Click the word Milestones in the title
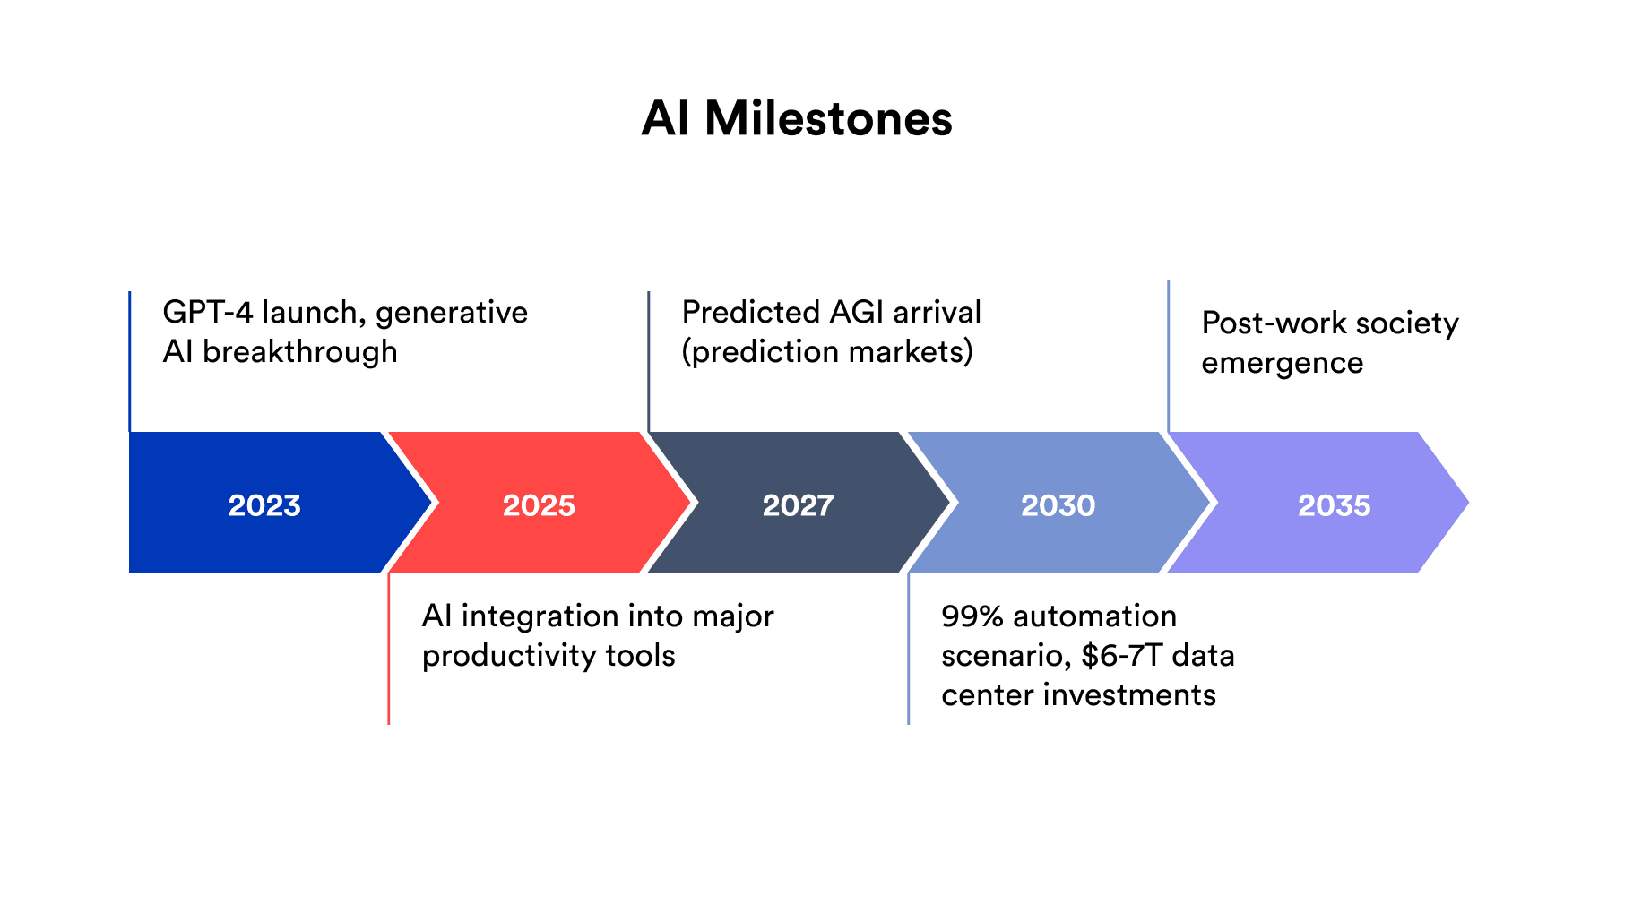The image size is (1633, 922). click(x=828, y=118)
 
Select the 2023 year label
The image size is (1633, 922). click(x=264, y=505)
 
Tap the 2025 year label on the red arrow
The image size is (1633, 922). click(x=539, y=505)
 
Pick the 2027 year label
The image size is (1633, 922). click(x=798, y=505)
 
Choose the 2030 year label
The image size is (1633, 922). click(x=1058, y=505)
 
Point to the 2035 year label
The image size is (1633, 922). click(x=1335, y=505)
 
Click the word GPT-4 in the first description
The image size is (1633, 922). click(x=208, y=312)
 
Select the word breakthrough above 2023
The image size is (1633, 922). click(x=300, y=351)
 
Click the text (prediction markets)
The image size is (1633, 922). click(x=827, y=351)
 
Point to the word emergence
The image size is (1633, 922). click(x=1283, y=364)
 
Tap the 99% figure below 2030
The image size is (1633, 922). click(x=972, y=616)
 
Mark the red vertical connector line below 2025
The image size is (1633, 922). click(x=388, y=649)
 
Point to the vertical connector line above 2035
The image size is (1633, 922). click(x=1169, y=356)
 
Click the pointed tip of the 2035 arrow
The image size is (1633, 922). click(x=1468, y=503)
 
